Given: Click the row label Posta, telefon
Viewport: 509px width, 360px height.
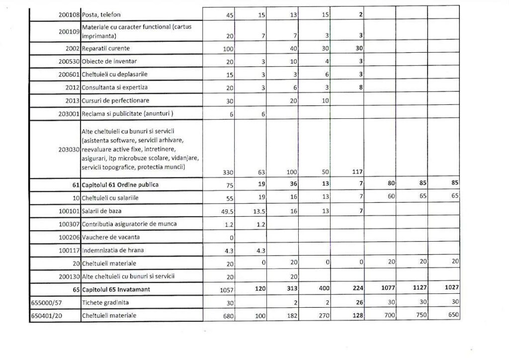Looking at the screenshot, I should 101,14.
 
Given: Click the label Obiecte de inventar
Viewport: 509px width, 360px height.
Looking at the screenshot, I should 109,61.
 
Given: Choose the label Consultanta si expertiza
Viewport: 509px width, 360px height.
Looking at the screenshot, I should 115,88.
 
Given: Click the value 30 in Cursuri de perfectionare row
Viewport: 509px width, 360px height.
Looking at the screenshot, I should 231,101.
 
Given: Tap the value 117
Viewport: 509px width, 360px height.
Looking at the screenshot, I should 357,173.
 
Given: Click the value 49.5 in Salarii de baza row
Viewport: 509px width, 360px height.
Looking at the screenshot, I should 229,211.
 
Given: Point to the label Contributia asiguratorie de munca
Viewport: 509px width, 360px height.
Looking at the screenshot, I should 129,224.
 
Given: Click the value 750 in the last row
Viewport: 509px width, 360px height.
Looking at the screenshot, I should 421,315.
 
